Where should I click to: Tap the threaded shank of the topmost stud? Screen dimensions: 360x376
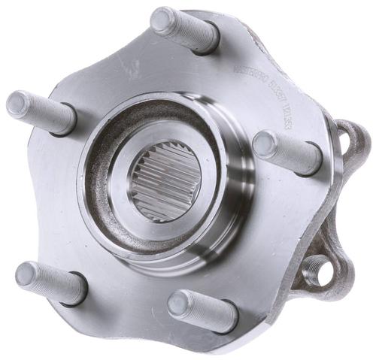[x=184, y=33]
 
